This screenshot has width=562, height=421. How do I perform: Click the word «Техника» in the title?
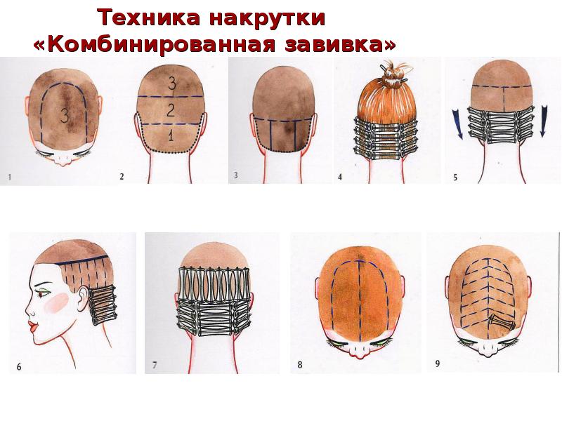point(149,18)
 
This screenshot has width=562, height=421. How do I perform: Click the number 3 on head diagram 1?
point(65,115)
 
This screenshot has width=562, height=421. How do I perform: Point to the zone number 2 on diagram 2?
point(171,109)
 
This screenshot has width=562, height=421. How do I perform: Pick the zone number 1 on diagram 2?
point(171,135)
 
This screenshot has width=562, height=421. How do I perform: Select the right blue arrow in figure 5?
point(544,121)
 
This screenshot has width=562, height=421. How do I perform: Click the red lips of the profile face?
point(34,326)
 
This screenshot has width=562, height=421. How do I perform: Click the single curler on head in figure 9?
point(502,322)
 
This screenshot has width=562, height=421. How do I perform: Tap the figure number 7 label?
point(155,365)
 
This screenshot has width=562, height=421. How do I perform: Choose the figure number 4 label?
point(340,177)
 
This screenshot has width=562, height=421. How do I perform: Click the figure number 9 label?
point(437,363)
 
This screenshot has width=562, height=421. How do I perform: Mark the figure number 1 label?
point(10,177)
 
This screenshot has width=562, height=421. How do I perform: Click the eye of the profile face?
point(43,293)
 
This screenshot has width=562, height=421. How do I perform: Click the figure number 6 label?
point(19,366)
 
